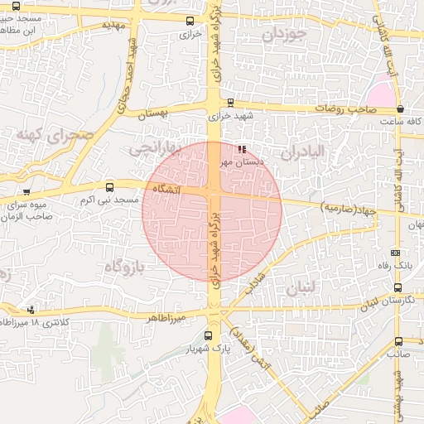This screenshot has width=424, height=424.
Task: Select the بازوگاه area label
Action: click(x=125, y=266)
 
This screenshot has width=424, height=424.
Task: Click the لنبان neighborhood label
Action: click(x=299, y=288)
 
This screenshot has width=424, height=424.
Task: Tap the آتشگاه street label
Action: click(x=166, y=190)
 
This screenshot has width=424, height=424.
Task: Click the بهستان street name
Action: click(x=152, y=115)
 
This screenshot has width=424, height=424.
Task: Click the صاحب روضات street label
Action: click(x=338, y=108)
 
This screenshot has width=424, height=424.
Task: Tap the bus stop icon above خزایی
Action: click(x=190, y=21)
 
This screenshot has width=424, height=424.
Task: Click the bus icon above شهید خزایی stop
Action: click(x=230, y=104)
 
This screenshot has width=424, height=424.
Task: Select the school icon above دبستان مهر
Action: click(x=242, y=150)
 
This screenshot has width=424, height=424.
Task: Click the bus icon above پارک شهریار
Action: click(x=208, y=335)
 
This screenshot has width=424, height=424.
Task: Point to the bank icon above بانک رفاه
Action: click(x=395, y=253)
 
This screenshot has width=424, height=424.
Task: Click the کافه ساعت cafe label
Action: click(x=397, y=122)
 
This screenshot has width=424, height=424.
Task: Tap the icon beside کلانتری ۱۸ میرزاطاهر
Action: click(x=31, y=310)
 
